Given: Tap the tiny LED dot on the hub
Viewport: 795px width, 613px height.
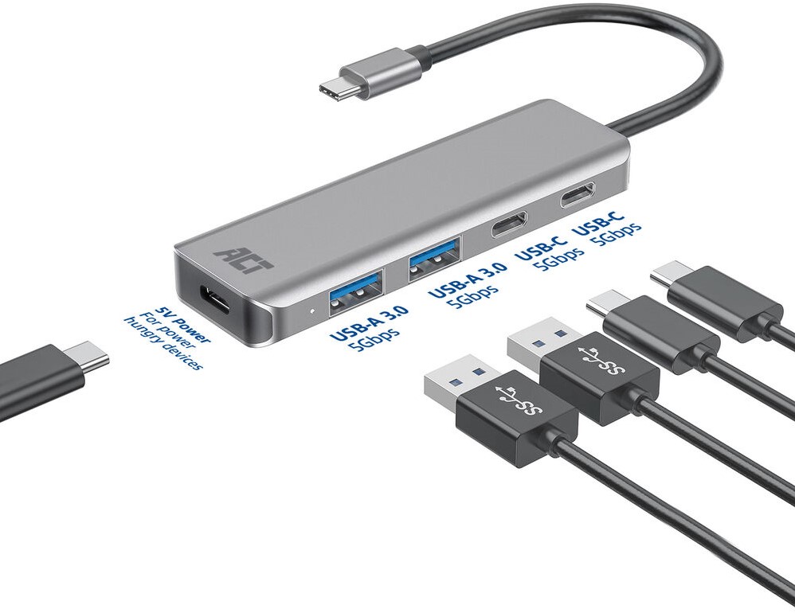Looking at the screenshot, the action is click(312, 310).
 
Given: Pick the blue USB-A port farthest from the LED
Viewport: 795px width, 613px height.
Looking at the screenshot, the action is click(436, 259).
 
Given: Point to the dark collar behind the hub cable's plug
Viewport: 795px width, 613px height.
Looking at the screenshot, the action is click(419, 57).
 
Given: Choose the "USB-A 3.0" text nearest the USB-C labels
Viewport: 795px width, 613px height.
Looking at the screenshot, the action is click(468, 280).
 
